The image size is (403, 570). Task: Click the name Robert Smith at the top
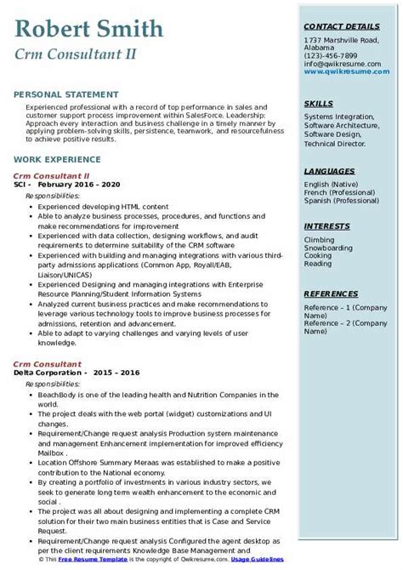point(89,30)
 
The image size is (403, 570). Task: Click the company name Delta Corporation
point(48,372)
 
